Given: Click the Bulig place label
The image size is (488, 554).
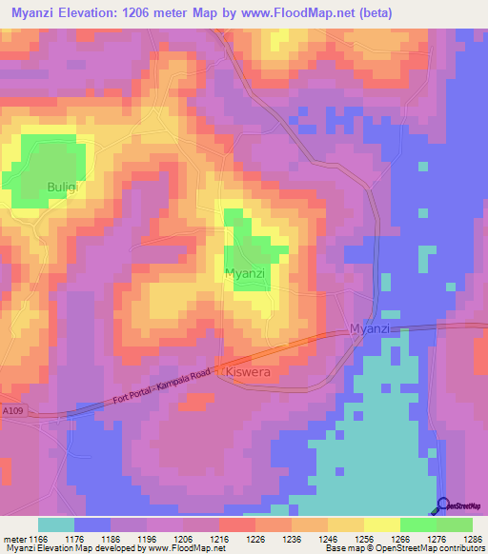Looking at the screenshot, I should click(61, 187).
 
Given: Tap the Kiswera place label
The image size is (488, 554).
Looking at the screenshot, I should click(251, 372).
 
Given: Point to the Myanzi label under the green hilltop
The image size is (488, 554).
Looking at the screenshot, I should click(244, 273).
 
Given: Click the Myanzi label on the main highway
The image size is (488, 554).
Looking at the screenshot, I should click(371, 328).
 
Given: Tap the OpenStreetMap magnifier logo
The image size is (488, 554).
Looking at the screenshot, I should click(442, 505).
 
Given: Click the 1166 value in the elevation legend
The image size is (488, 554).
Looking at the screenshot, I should click(38, 540).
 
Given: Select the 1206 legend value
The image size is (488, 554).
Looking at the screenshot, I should click(183, 540).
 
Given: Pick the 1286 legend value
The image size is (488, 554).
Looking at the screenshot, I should click(472, 540).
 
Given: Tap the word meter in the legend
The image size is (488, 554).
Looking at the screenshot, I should click(12, 540).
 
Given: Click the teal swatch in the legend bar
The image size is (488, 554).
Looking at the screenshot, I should click(56, 524).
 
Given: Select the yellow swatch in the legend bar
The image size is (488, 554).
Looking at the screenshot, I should click(382, 524).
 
